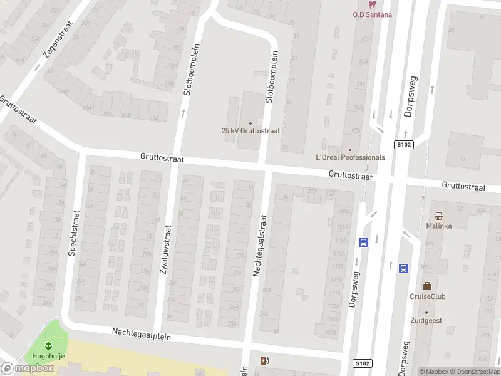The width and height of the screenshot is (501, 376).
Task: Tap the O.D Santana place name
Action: [372, 14]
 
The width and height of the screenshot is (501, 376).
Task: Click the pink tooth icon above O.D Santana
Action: [372, 4]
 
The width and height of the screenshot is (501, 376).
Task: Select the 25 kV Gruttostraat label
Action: [250, 131]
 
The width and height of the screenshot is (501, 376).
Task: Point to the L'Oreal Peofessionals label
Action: [350, 157]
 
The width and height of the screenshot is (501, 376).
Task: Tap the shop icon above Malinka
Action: [439, 215]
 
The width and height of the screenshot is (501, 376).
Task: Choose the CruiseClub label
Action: [427, 296]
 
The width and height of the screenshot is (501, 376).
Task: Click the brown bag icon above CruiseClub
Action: [427, 286]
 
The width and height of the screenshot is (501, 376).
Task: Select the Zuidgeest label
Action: [426, 320]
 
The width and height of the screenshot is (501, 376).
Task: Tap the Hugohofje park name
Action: [48, 356]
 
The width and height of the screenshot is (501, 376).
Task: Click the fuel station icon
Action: [264, 360]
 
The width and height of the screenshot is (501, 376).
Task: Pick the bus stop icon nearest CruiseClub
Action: [404, 268]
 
